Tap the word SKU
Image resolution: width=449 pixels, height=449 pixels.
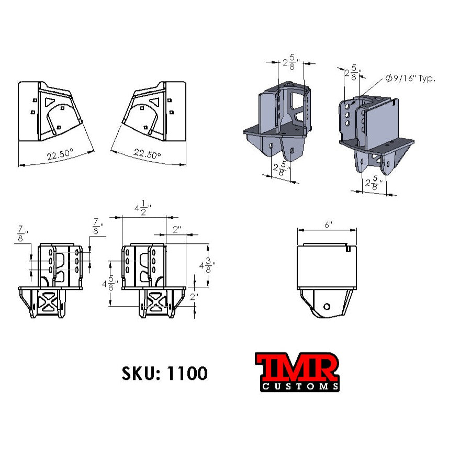click(x=140, y=373)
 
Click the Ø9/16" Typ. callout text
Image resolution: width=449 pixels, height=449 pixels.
click(x=410, y=79)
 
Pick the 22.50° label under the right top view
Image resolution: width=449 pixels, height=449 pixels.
click(x=147, y=154)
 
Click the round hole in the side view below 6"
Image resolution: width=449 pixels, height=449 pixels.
click(x=327, y=306)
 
